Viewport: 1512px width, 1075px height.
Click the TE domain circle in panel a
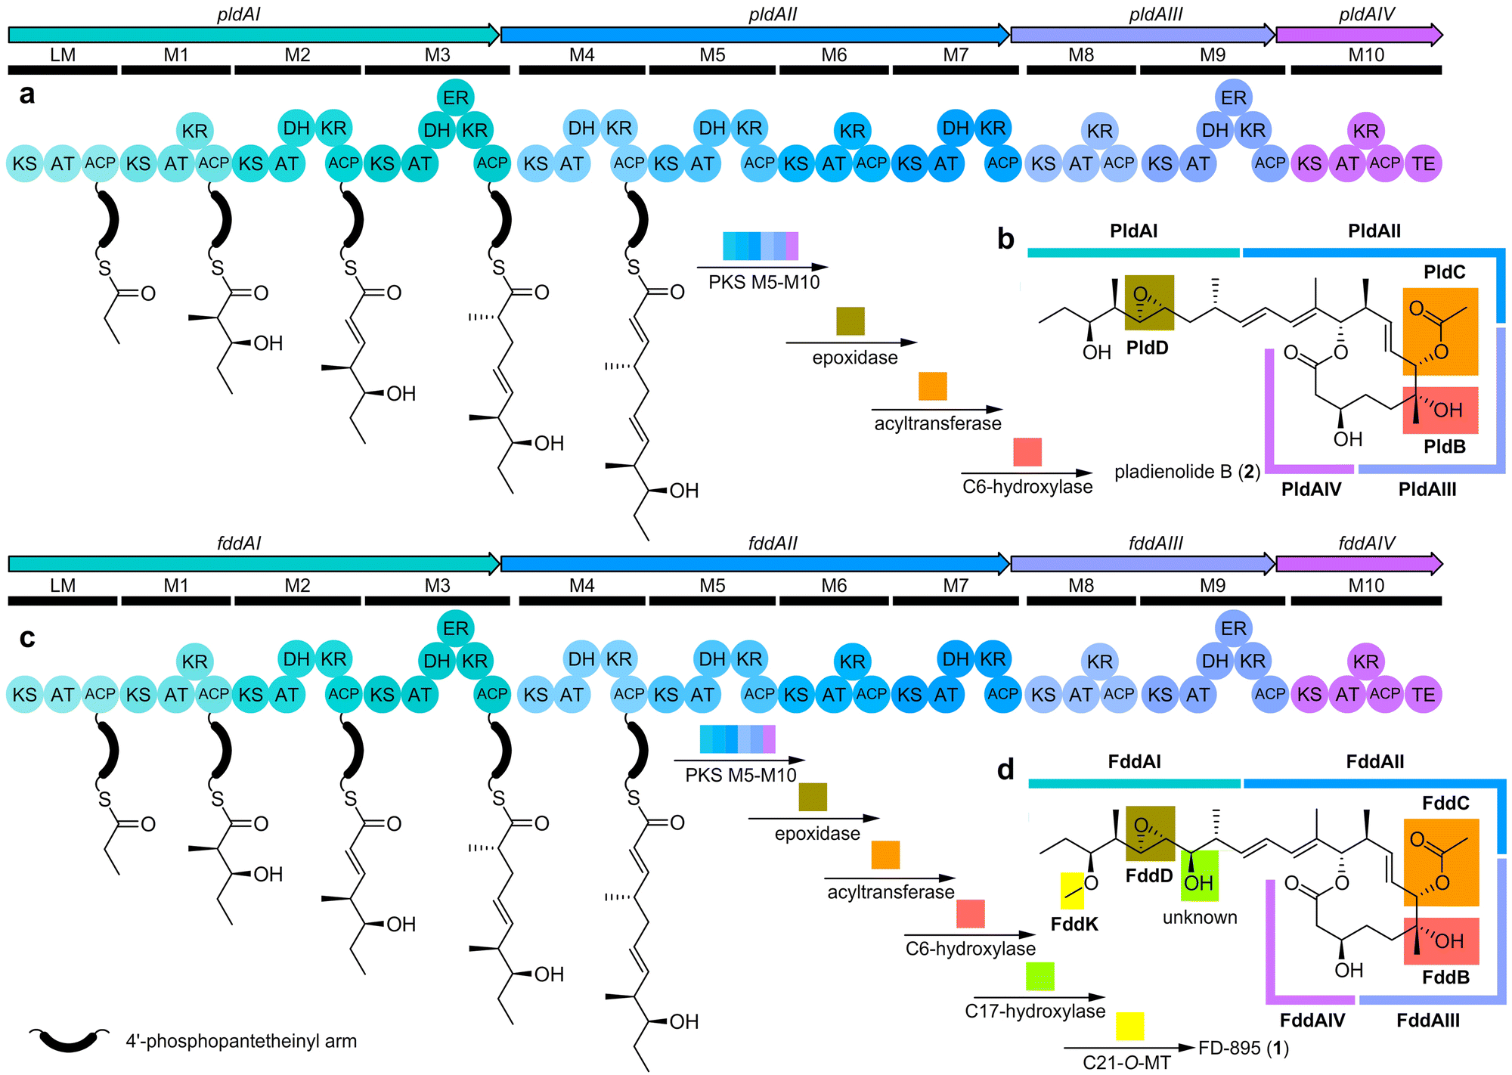point(1423,163)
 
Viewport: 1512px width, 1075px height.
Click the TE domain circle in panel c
point(1423,694)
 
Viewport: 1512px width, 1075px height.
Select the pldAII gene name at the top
point(773,14)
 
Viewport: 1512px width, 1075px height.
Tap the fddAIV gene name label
point(1367,543)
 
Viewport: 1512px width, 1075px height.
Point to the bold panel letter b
point(1005,238)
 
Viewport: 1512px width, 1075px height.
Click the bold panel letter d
point(1005,769)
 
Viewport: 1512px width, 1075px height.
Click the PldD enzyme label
point(1147,348)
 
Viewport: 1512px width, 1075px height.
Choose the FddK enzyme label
point(1074,924)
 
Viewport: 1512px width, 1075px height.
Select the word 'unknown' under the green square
point(1200,917)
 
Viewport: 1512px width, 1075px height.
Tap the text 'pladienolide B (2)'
point(1187,472)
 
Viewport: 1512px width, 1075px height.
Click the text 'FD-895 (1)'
point(1244,1048)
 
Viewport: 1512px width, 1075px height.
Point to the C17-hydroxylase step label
point(1035,1011)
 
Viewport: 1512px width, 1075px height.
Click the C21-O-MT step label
point(1126,1062)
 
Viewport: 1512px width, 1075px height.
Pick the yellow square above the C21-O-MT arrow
point(1129,1026)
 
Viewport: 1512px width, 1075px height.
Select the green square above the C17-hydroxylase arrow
point(1039,976)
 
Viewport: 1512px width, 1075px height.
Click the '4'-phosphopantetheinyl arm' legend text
point(241,1041)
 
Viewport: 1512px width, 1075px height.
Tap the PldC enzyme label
point(1444,272)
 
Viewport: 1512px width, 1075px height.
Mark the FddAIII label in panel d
point(1428,1020)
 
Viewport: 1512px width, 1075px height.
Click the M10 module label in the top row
point(1366,55)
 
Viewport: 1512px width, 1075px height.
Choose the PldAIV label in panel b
point(1311,489)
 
